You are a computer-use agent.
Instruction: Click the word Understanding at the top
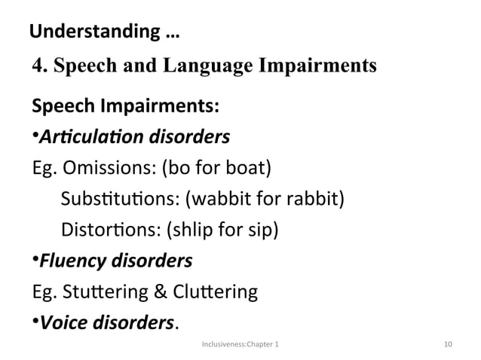[x=88, y=32]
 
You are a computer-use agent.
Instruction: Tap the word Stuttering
[x=103, y=291]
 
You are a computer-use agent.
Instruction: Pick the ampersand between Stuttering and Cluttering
[x=166, y=291]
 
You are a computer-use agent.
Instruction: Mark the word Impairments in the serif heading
[x=319, y=66]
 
